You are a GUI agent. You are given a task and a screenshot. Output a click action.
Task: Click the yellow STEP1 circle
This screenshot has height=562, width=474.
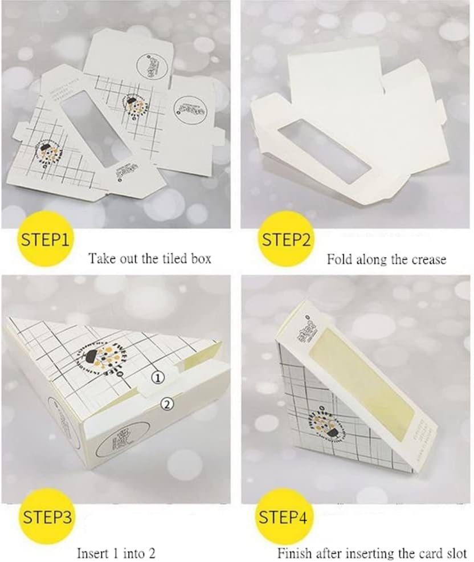[45, 239]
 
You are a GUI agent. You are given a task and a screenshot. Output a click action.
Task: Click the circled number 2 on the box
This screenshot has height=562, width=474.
[166, 404]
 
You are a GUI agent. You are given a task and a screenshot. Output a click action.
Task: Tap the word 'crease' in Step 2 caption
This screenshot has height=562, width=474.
[427, 259]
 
